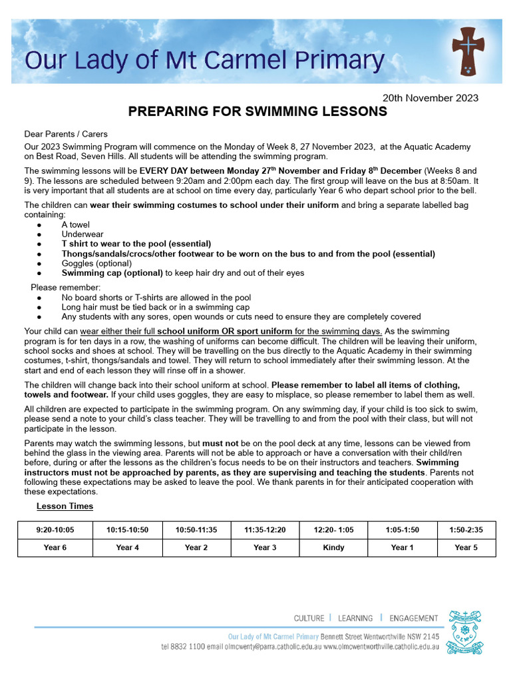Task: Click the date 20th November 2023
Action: (430, 98)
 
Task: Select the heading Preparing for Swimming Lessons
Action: (257, 112)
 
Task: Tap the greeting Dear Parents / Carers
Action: (66, 134)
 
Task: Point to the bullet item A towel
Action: (75, 225)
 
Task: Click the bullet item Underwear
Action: (83, 234)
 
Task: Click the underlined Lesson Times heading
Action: (65, 506)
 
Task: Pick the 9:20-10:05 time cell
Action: (55, 529)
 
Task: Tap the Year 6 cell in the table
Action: (55, 547)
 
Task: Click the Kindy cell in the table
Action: (333, 547)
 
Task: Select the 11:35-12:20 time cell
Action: (264, 529)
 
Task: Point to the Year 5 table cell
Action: (466, 547)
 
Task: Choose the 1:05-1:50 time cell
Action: (403, 529)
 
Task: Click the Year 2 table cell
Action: (196, 547)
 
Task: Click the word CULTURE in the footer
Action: (309, 618)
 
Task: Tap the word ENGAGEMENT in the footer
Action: (414, 618)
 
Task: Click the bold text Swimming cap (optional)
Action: (112, 272)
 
